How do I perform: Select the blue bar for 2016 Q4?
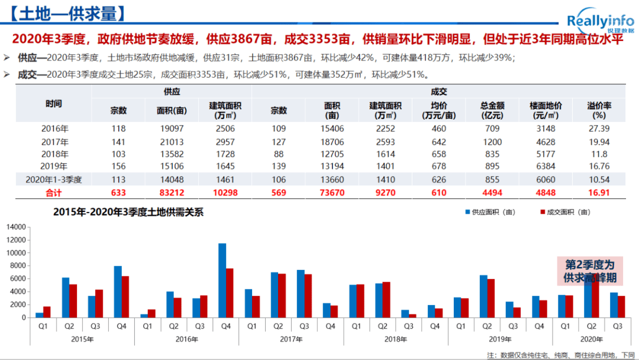222,280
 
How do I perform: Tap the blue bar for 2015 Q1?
39,314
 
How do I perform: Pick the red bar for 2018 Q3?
412,316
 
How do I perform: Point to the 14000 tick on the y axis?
17,227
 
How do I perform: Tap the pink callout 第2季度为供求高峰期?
589,271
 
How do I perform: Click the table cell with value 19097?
172,128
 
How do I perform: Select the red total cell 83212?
172,192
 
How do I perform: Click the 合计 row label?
54,192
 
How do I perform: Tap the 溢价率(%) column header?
599,110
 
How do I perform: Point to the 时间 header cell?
54,103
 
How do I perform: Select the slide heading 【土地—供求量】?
64,14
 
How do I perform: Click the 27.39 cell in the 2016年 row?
599,128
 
